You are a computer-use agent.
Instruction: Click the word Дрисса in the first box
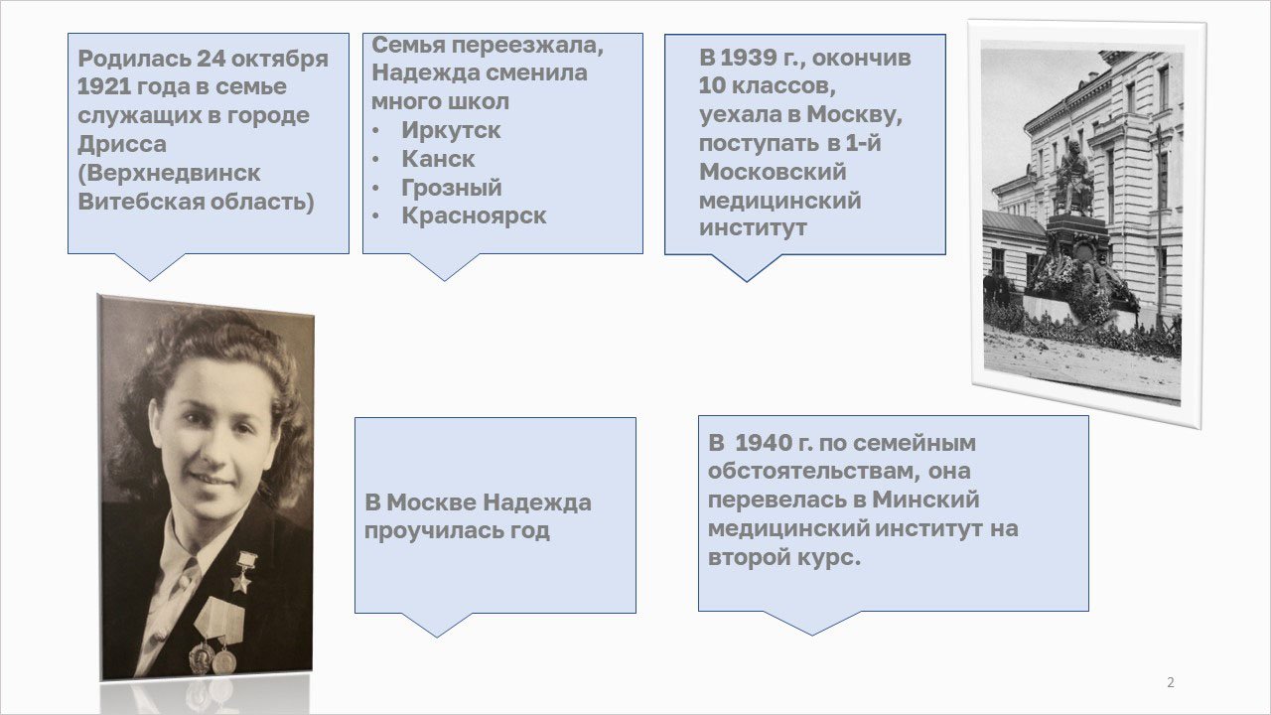pyautogui.click(x=122, y=144)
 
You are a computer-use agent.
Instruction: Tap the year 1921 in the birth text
pyautogui.click(x=100, y=86)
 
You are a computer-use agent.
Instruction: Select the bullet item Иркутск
pyautogui.click(x=451, y=130)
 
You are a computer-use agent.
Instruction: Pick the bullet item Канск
pyautogui.click(x=438, y=159)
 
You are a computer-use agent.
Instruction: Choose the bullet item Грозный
pyautogui.click(x=452, y=188)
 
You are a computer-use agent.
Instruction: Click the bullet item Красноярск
pyautogui.click(x=474, y=215)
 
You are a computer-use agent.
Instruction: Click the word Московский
pyautogui.click(x=773, y=172)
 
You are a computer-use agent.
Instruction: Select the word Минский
pyautogui.click(x=925, y=500)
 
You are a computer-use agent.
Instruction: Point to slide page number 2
pyautogui.click(x=1171, y=682)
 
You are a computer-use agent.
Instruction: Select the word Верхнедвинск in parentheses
pyautogui.click(x=169, y=173)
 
